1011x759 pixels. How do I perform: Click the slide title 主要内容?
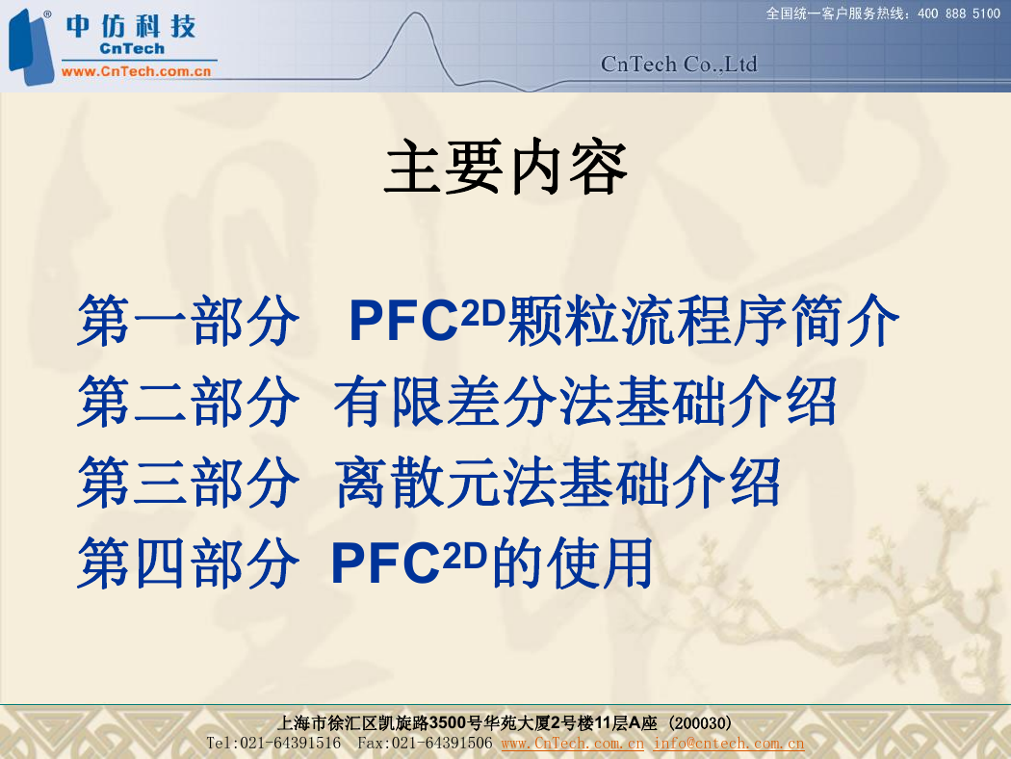(505, 167)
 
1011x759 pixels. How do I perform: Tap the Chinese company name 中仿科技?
(131, 26)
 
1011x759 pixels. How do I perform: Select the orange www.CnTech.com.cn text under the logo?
(136, 71)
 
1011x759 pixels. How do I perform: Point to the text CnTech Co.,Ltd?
(679, 65)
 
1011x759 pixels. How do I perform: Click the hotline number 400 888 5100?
(959, 13)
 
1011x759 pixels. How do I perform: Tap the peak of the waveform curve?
(415, 13)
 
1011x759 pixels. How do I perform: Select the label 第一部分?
(188, 321)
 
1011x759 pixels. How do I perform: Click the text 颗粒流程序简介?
(703, 321)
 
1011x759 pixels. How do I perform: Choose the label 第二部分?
(188, 401)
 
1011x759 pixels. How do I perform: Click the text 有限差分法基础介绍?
(584, 401)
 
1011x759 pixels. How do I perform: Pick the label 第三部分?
(188, 482)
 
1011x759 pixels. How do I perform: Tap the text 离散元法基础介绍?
(557, 482)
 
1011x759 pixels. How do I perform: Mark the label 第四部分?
(188, 563)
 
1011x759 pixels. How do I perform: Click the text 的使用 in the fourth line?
(571, 563)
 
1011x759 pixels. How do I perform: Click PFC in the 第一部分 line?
(403, 322)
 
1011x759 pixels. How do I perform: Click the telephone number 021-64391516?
(290, 744)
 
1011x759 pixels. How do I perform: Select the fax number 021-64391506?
(442, 744)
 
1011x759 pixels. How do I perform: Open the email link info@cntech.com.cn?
(729, 744)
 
